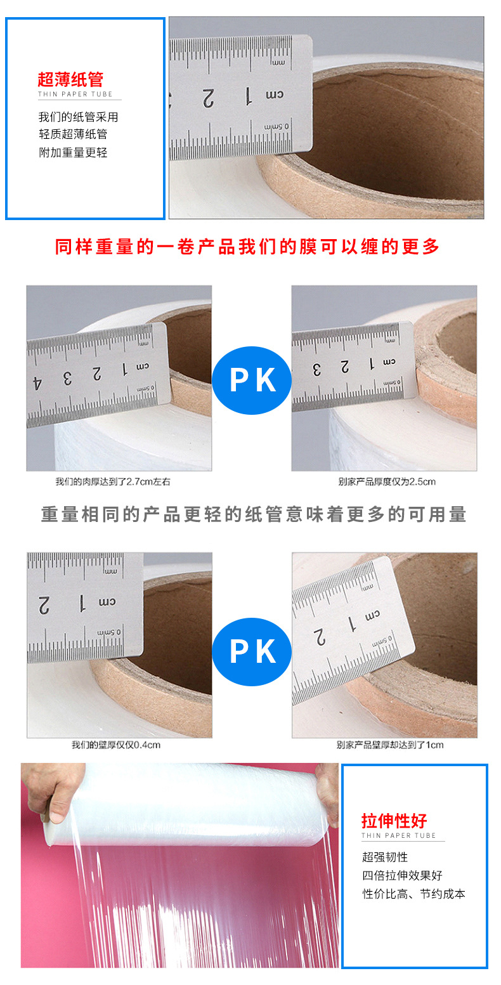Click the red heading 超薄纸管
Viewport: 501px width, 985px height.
click(x=70, y=80)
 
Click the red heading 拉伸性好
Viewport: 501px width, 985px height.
click(x=394, y=820)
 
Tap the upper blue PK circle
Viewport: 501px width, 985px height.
click(x=252, y=381)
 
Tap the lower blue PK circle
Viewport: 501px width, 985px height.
click(x=252, y=651)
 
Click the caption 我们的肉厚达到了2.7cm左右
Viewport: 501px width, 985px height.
click(x=112, y=481)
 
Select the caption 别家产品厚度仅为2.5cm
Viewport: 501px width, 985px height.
click(x=387, y=481)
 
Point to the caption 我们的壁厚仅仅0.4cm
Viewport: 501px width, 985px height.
click(x=116, y=745)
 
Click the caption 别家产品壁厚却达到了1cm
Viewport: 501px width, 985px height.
click(x=390, y=745)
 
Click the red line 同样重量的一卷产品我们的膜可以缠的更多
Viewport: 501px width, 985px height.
click(x=247, y=247)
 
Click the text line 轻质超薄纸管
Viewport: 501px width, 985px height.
click(x=73, y=134)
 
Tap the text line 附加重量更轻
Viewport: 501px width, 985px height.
click(x=73, y=152)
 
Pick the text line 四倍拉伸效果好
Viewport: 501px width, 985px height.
click(x=402, y=875)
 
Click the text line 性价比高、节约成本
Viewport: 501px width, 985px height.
click(x=413, y=894)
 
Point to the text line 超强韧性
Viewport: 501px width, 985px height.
click(x=385, y=857)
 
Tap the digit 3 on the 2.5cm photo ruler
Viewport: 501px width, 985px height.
click(x=317, y=368)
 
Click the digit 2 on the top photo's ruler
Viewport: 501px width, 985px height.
click(x=208, y=97)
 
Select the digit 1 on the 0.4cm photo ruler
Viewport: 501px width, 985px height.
click(x=81, y=600)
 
